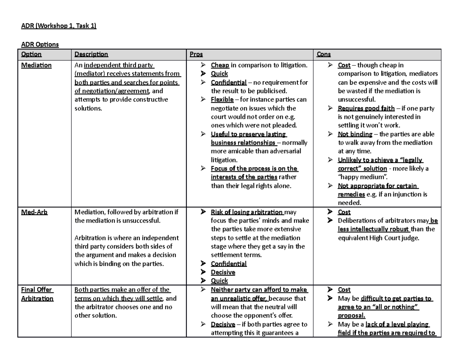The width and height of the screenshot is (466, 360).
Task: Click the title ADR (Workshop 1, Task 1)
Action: coord(58,26)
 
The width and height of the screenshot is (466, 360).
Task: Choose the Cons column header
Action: coord(324,54)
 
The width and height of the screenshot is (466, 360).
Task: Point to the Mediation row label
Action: coord(36,65)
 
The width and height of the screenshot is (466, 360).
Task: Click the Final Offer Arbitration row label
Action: coord(37,294)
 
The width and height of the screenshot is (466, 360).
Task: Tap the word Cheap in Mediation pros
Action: coord(219,65)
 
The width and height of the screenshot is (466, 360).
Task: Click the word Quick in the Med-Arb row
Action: coord(219,281)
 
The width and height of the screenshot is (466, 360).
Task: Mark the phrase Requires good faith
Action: coord(366,108)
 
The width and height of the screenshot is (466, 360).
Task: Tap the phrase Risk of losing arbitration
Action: coord(247,212)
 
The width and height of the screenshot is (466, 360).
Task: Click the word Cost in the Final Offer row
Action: coord(344,290)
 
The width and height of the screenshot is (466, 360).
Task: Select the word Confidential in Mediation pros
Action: coord(228,82)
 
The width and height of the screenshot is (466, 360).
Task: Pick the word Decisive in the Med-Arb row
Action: coord(223,272)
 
